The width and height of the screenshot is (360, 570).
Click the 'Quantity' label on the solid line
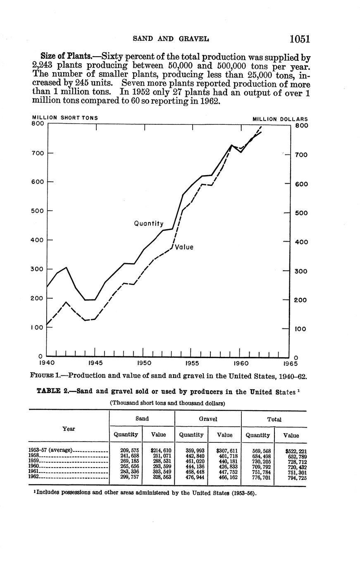coord(148,223)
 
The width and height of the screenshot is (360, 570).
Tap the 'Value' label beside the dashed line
coord(184,247)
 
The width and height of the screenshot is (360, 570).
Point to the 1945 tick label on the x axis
coord(95,363)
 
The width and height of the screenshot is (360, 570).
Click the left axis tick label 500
coord(38,211)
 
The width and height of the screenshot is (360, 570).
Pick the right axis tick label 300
coord(300,271)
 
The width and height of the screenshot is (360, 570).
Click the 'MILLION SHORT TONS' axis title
coord(65,118)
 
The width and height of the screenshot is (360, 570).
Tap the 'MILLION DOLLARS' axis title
coord(280,119)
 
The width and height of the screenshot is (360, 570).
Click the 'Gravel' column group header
coord(207,419)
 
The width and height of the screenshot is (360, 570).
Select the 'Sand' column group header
coord(142,419)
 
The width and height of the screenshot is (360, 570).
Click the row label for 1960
coord(33,466)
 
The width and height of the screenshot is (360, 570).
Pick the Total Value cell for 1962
coord(297,478)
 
